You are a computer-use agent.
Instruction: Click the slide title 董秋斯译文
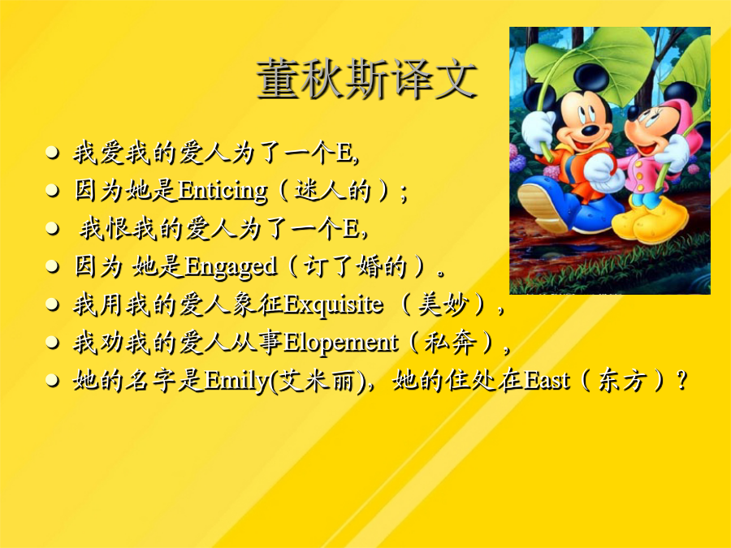(366, 78)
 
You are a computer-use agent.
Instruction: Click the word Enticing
(223, 191)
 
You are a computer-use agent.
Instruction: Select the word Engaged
(231, 267)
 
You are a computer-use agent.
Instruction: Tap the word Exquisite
(333, 304)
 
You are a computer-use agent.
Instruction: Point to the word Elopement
(340, 343)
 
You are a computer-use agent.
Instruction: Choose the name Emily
(236, 381)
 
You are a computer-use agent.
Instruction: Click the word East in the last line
(547, 380)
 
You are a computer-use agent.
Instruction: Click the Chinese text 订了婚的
(354, 267)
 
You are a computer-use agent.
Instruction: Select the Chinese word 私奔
(450, 343)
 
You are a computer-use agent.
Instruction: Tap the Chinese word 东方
(622, 380)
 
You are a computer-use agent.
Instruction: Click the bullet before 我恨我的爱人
(52, 229)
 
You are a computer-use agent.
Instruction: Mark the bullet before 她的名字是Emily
(52, 381)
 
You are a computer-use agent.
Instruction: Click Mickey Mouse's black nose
(591, 129)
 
